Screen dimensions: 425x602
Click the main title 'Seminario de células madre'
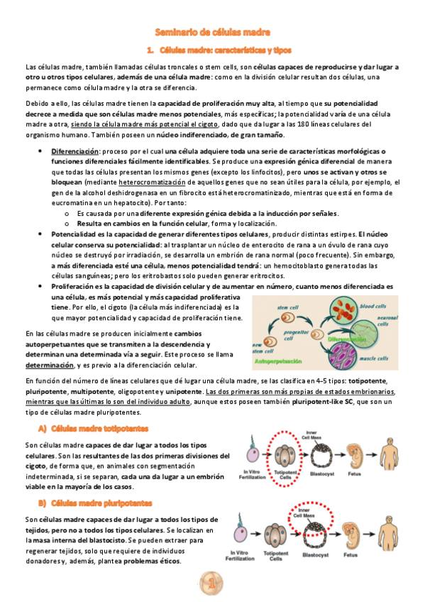point(212,32)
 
